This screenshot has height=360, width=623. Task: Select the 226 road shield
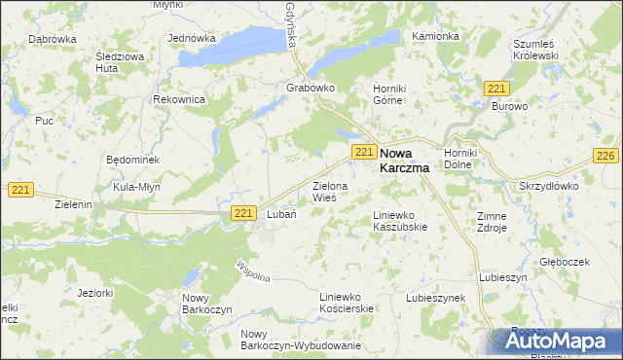(605, 157)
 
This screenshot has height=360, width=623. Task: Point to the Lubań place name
(280, 215)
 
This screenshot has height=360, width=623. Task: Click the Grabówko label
(311, 88)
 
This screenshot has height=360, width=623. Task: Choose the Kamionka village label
(435, 36)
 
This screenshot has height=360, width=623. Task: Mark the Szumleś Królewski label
(534, 51)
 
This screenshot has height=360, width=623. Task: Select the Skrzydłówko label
(550, 184)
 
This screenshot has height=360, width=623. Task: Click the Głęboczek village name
(565, 263)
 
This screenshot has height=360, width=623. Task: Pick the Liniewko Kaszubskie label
(400, 221)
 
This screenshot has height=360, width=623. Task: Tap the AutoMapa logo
(555, 342)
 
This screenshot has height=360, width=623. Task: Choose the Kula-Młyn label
(135, 186)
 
